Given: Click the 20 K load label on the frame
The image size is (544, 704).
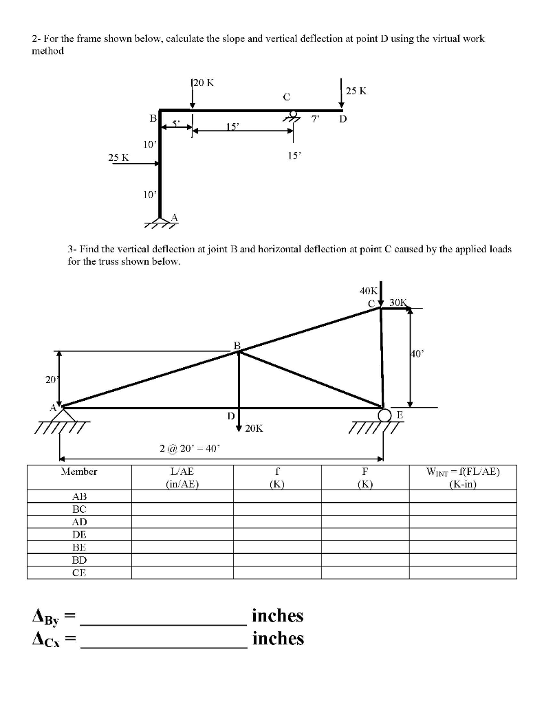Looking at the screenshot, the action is tap(204, 82).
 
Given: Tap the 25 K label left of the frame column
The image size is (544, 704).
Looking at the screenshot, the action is tap(119, 157).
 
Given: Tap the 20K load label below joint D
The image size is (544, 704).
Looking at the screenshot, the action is tap(254, 429).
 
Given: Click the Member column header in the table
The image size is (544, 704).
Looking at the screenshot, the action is tap(79, 472).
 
